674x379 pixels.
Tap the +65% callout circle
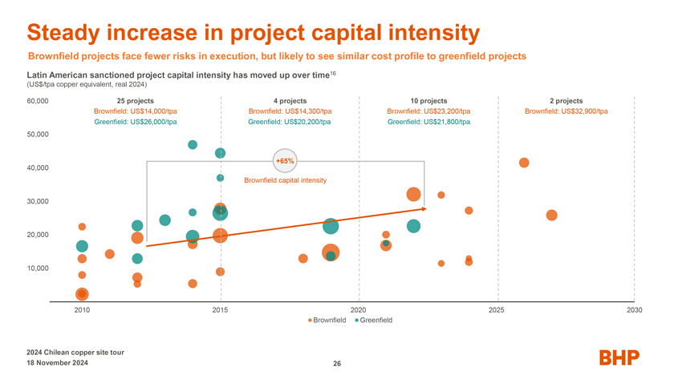[285, 161]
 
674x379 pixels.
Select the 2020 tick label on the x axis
[359, 309]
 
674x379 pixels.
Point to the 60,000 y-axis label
[38, 101]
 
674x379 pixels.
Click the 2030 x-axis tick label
[635, 309]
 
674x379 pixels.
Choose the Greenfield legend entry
[373, 321]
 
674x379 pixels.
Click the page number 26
[337, 364]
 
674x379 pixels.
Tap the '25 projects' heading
[136, 101]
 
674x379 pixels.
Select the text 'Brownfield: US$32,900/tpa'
[566, 111]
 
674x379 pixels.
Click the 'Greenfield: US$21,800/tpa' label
[428, 122]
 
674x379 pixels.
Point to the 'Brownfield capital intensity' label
[285, 180]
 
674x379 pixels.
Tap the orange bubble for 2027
[551, 216]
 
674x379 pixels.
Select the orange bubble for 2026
[524, 163]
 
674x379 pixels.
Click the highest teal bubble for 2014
[193, 145]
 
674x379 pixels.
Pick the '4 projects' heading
[290, 101]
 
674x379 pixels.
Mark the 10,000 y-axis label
[38, 268]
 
